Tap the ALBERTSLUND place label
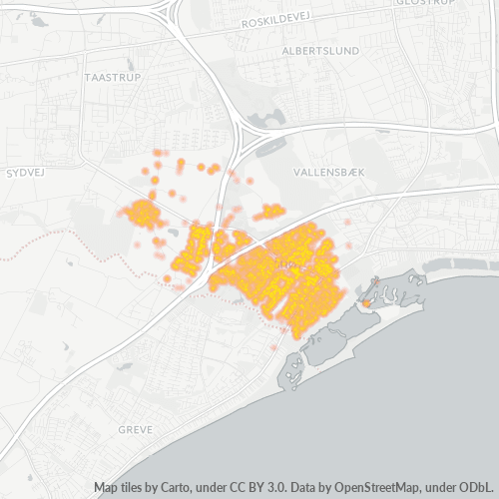[x=321, y=50]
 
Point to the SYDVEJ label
[x=28, y=173]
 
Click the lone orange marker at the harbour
[x=366, y=301]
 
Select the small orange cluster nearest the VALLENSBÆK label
[x=269, y=212]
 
